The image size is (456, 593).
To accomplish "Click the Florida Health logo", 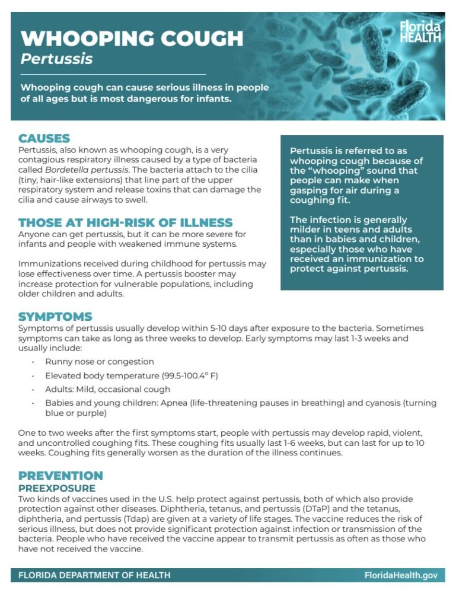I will pos(420,31).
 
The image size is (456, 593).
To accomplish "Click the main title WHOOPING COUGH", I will pos(132,39).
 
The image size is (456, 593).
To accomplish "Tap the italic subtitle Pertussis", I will pos(56,59).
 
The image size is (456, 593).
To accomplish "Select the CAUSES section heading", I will pos(44,138).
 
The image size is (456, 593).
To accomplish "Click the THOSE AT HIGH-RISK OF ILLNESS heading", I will pos(125,223).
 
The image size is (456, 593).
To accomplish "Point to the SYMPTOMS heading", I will pos(55,316).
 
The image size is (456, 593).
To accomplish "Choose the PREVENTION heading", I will pos(60,476).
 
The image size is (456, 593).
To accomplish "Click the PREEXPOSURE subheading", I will pos(57,488).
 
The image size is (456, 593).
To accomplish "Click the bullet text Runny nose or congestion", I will pos(100,362).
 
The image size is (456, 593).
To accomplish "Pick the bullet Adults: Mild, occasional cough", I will pos(107,389).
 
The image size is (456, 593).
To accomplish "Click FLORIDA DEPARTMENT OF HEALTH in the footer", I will pos(94,575).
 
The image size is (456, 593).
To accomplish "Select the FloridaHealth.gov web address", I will pos(401,575).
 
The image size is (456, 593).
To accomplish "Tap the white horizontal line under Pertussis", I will pos(113,74).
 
